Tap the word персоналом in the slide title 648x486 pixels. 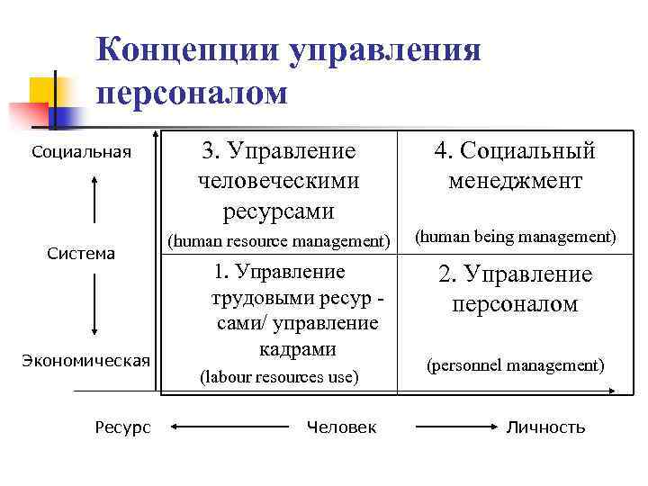[x=192, y=93]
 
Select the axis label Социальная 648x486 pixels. [x=81, y=150]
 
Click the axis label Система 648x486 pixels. [x=81, y=254]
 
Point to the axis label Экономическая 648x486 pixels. [x=86, y=361]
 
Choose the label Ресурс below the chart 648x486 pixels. [x=122, y=427]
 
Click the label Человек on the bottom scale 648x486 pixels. [x=342, y=427]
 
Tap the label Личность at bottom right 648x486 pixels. [x=546, y=427]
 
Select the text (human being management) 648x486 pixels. [x=515, y=237]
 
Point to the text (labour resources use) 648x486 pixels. [x=279, y=377]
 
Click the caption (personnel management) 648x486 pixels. [x=515, y=365]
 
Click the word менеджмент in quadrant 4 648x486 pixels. [x=515, y=181]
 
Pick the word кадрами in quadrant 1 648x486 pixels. [x=279, y=348]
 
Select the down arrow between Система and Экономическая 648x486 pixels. [x=94, y=307]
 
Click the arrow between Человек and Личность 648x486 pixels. [x=455, y=427]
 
